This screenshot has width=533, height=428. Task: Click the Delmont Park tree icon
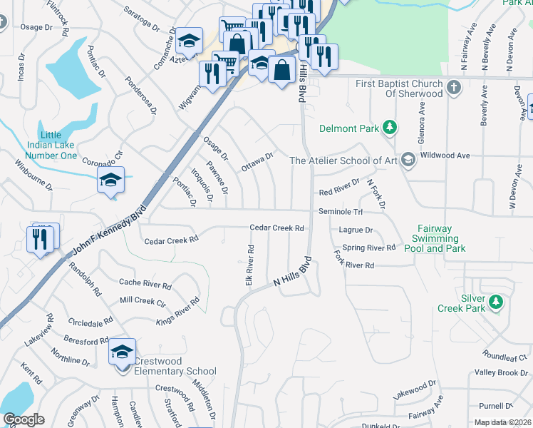pos(390,128)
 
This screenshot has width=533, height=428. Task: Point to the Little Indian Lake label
pos(58,146)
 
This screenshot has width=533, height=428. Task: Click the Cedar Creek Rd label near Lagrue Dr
pos(277,228)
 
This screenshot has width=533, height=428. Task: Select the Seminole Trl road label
pos(341,212)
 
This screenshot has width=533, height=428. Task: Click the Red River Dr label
pos(340,192)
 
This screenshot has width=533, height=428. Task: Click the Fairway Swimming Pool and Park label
pos(435,239)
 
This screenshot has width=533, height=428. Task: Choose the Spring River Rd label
pos(368,248)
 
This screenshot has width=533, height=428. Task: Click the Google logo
pos(24,419)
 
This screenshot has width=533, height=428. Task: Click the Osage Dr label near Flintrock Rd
pos(37,27)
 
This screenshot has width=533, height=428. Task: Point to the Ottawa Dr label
pos(258,162)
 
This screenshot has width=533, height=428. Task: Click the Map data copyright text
pos(502,422)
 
